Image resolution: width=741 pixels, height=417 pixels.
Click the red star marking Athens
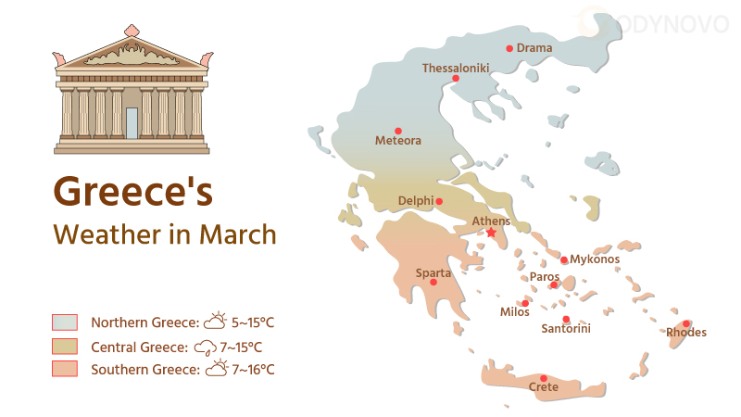(491, 233)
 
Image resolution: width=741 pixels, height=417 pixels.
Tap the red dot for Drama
(509, 48)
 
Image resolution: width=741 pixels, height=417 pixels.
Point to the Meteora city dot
(398, 131)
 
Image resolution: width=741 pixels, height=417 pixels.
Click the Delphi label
(415, 201)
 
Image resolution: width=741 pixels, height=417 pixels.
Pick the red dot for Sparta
(433, 282)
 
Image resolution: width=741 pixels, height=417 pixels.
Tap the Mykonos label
(595, 259)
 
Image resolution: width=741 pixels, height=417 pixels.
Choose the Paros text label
(544, 276)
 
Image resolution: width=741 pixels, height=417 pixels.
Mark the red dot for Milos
(525, 303)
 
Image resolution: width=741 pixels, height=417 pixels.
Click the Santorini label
(566, 329)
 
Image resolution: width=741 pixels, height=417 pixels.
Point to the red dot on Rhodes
(686, 323)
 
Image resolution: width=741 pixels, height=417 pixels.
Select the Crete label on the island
(544, 387)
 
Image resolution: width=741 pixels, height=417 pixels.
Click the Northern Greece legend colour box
(64, 322)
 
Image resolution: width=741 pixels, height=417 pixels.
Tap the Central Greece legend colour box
(64, 347)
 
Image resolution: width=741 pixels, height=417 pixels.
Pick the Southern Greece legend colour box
(64, 370)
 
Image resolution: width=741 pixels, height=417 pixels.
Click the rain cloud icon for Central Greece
(205, 347)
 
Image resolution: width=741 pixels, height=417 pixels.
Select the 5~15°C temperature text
(253, 322)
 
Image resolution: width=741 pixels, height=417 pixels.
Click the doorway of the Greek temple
(132, 123)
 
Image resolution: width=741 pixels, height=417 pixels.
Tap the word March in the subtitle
(237, 234)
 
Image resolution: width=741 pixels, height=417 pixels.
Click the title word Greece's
(133, 191)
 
